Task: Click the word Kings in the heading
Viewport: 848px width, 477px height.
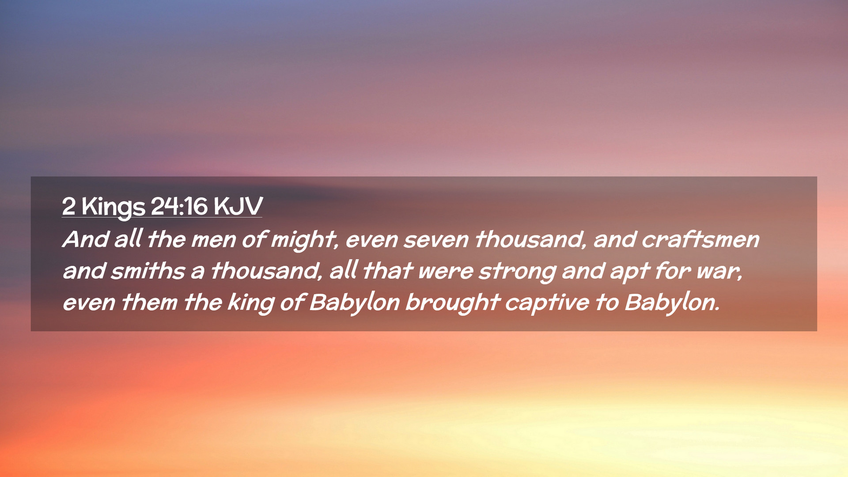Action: [x=113, y=207]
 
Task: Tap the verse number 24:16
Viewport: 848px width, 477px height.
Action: [x=179, y=206]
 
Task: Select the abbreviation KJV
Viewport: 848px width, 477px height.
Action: [x=238, y=206]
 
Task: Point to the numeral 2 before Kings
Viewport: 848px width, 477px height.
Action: [x=68, y=206]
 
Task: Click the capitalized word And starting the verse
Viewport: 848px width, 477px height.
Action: [x=86, y=239]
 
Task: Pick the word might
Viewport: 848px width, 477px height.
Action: [x=305, y=241]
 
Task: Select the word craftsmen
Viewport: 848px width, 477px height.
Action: [x=700, y=239]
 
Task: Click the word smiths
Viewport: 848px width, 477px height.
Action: [x=148, y=270]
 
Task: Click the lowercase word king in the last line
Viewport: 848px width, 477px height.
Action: [x=251, y=303]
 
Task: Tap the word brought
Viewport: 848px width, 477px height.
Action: [x=452, y=303]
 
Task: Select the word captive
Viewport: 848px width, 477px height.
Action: [x=547, y=303]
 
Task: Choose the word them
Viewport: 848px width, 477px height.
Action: [x=149, y=302]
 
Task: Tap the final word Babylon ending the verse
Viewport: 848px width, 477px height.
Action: [x=672, y=303]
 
